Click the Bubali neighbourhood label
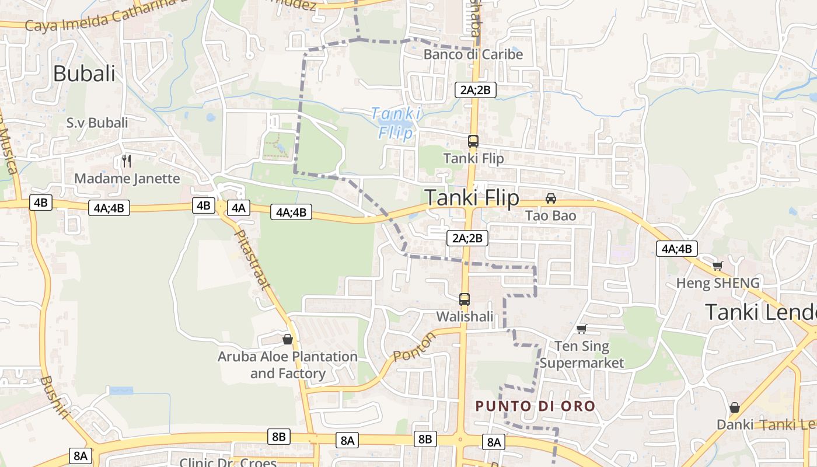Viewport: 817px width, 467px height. (84, 74)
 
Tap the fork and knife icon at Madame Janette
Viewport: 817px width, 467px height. (127, 161)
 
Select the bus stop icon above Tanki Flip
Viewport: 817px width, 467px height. (473, 141)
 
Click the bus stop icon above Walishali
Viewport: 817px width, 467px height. (465, 299)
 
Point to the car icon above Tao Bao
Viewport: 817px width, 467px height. (550, 198)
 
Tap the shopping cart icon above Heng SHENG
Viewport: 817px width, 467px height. (717, 266)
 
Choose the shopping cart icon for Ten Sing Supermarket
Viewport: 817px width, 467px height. (581, 329)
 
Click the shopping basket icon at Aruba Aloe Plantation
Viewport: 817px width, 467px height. (287, 339)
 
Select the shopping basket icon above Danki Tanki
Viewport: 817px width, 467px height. (735, 407)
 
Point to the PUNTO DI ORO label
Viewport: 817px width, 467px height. (535, 406)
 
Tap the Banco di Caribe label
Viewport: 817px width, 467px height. (473, 54)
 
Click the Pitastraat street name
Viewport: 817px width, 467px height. (252, 260)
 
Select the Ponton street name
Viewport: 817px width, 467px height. (414, 347)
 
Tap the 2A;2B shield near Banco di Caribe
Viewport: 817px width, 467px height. (476, 89)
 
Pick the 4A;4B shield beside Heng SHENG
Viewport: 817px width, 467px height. (676, 249)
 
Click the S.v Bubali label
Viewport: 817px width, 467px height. (97, 123)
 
